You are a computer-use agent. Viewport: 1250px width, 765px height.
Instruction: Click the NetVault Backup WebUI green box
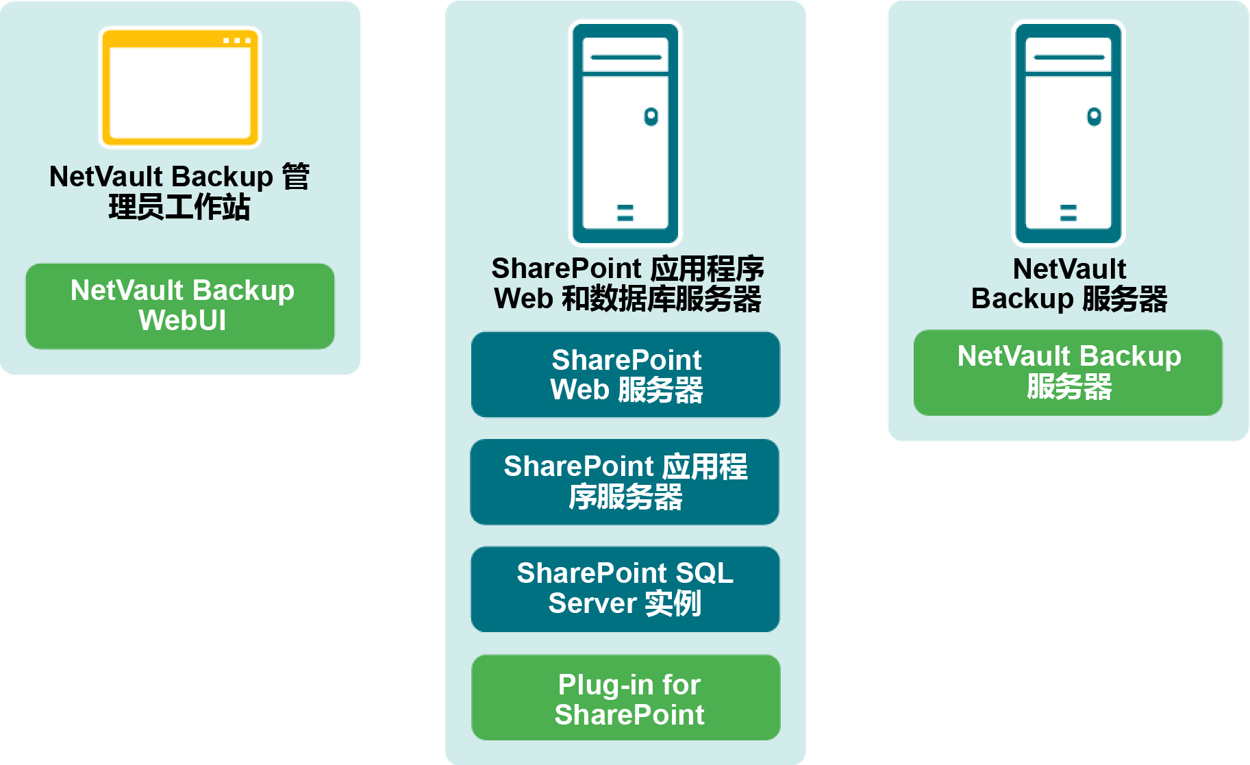(180, 306)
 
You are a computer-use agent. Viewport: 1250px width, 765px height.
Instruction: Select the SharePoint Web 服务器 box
(625, 375)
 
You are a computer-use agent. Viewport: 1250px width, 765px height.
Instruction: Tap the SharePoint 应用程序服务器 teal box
(625, 481)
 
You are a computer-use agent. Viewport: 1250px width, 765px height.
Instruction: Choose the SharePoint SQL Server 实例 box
(625, 589)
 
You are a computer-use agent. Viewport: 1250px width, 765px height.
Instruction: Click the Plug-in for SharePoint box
(626, 697)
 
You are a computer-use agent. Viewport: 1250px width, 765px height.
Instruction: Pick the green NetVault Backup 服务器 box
(1068, 373)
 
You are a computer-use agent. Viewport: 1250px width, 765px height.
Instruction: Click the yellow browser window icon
(180, 88)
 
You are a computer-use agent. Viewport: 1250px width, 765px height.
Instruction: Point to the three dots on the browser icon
(237, 41)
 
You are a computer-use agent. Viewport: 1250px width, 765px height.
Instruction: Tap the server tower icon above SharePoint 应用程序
(625, 133)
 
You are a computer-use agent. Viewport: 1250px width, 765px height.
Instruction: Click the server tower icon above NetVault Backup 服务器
(1068, 133)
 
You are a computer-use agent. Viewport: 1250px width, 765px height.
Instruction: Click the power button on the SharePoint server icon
(651, 116)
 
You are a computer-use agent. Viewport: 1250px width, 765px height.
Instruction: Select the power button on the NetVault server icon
(1094, 116)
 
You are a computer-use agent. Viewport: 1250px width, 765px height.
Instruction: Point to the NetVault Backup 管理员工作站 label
(179, 192)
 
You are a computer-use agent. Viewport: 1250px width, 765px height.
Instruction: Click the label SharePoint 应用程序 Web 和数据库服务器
(627, 284)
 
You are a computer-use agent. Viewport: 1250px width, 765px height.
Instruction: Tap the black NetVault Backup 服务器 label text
(1069, 284)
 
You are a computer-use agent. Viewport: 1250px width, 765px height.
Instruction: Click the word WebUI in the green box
(182, 321)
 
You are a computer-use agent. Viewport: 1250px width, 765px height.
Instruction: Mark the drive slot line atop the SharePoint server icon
(625, 58)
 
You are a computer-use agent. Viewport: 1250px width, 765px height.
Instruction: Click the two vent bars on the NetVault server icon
(1068, 213)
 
